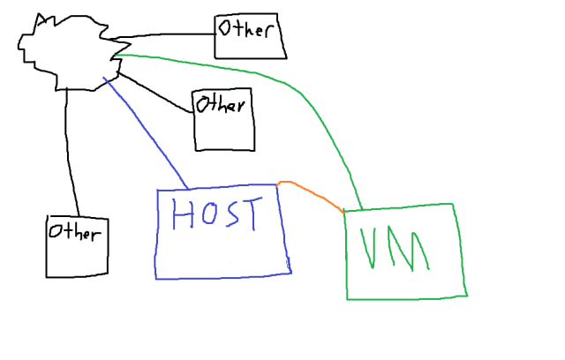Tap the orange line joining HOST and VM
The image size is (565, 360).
tap(309, 192)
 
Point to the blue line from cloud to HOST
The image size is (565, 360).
tap(146, 132)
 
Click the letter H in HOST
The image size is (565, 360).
tap(183, 215)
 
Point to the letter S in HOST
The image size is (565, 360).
tap(232, 214)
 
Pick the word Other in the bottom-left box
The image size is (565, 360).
tap(74, 233)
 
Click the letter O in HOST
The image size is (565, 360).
tap(207, 215)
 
